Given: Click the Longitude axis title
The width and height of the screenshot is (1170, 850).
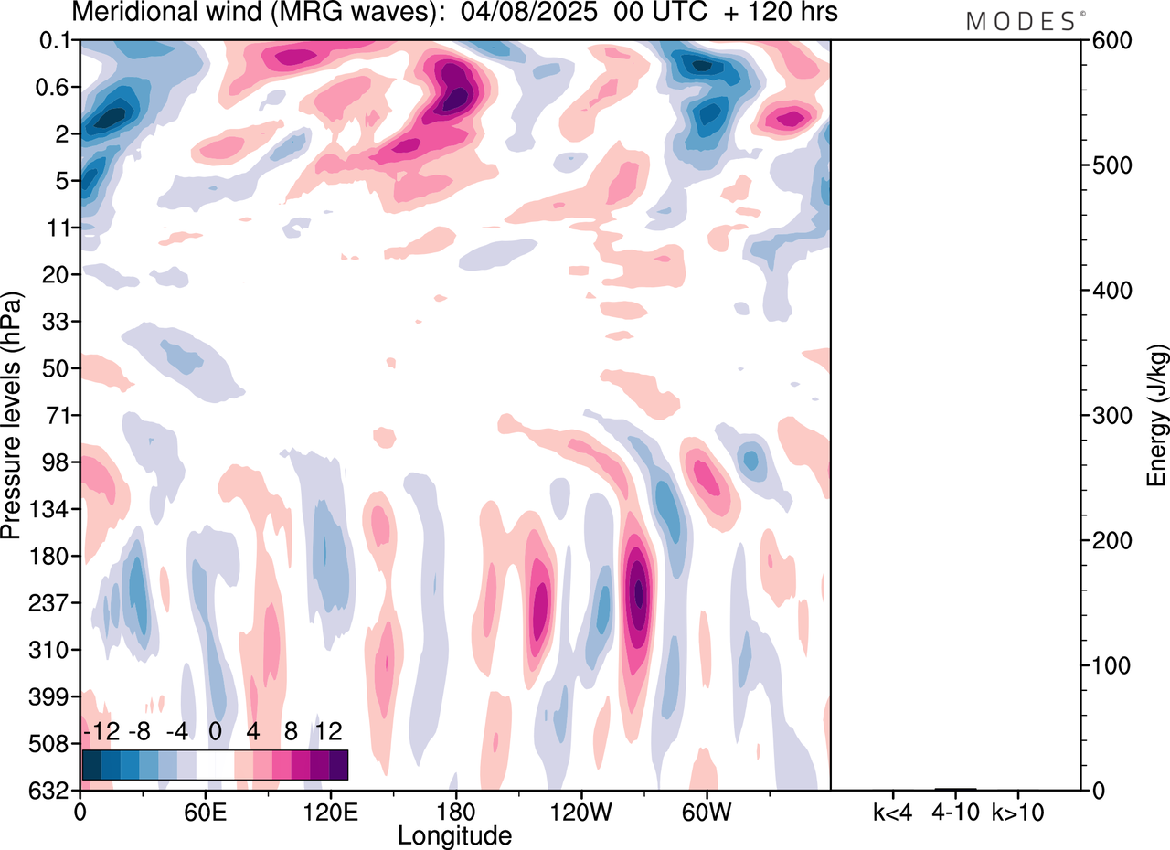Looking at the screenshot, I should (454, 834).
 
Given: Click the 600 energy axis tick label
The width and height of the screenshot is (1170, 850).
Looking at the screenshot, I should (1107, 40).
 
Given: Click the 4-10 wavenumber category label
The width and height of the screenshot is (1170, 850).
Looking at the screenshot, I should (956, 812).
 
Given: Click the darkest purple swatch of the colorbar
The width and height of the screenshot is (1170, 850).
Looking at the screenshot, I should (338, 764).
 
